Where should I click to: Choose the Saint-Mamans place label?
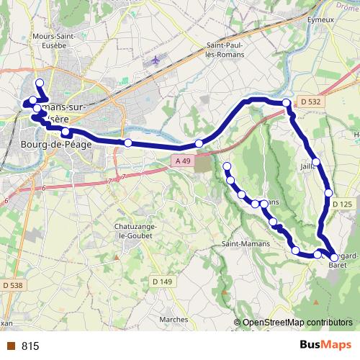pos(246,243)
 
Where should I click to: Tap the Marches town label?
pos(174,319)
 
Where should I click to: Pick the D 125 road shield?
pos(342,204)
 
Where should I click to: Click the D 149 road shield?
pos(161,281)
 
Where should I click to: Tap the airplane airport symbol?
pos(158,61)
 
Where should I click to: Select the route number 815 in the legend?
pos(30,346)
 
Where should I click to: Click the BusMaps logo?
pos(320,346)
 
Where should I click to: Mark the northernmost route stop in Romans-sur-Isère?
pos(40,83)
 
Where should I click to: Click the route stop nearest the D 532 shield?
pos(287,104)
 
